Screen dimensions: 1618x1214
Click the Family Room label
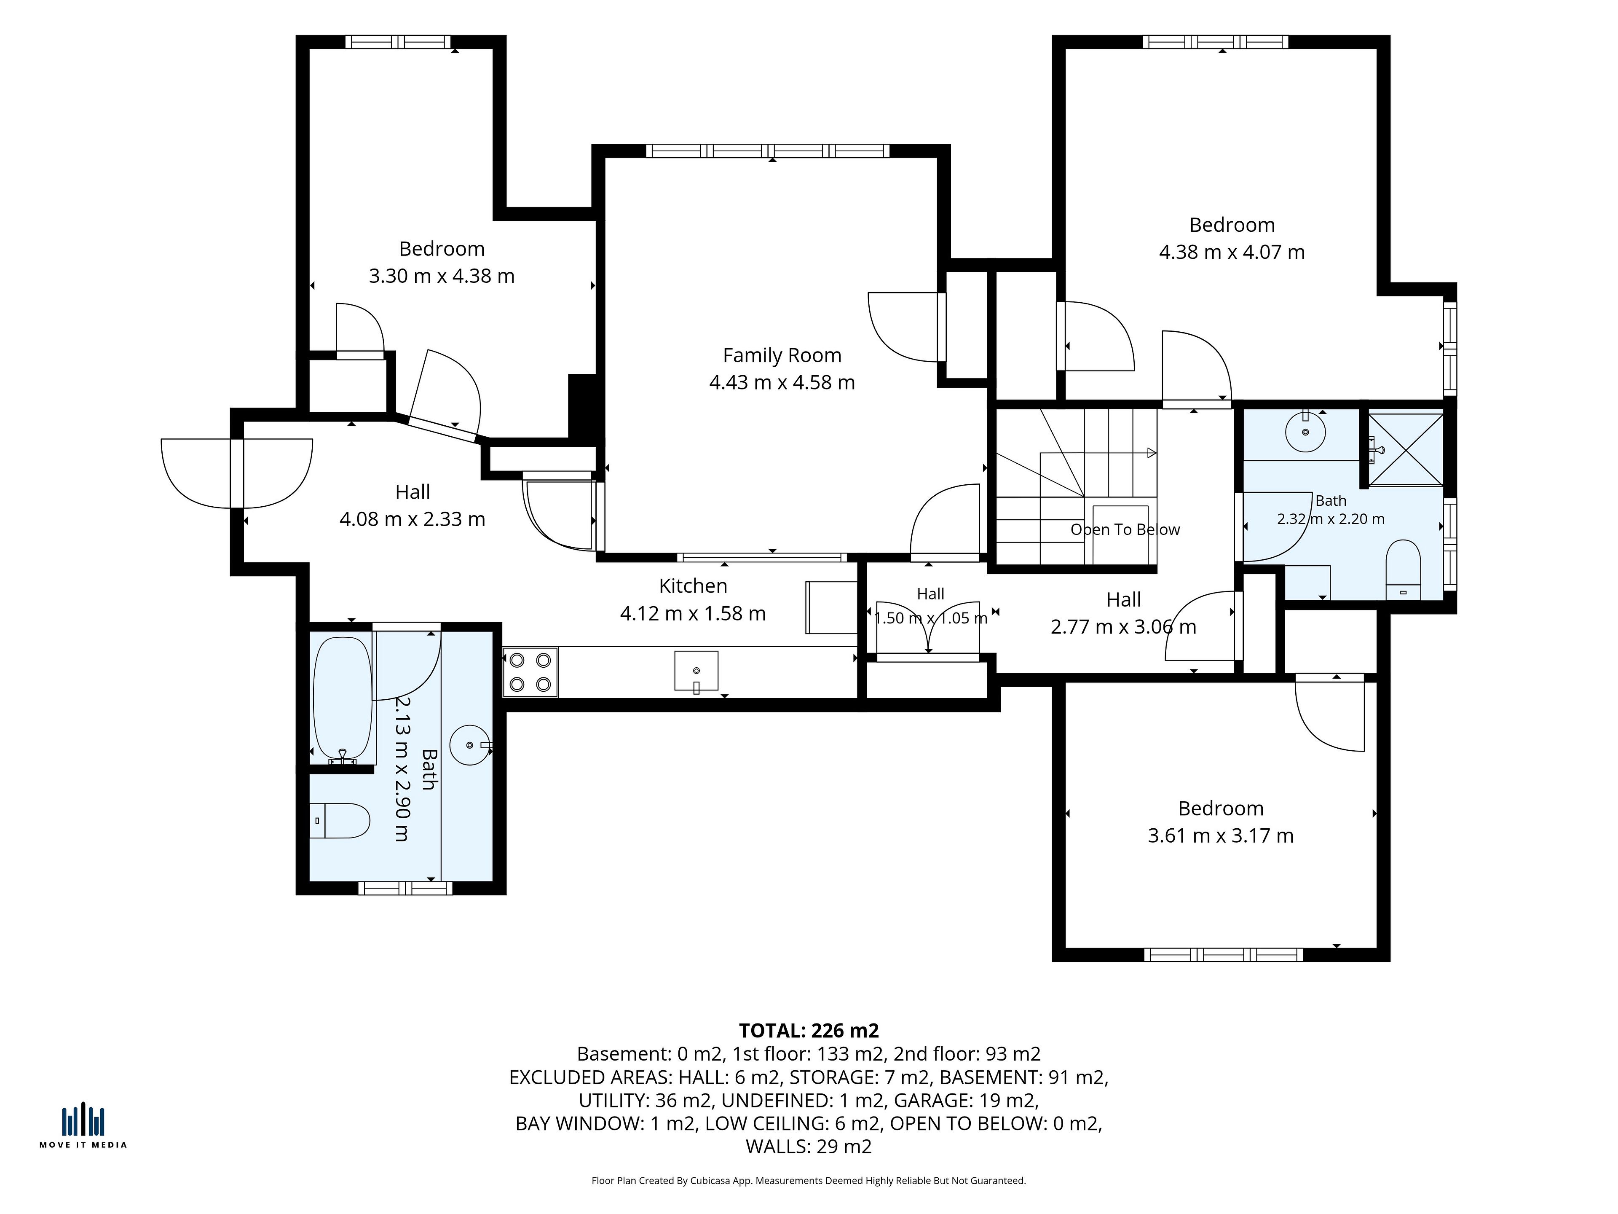click(x=782, y=356)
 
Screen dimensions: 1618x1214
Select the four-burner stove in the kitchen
click(x=530, y=672)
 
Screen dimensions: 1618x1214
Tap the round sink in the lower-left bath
click(x=470, y=745)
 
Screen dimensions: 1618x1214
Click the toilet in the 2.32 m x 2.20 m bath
click(x=1403, y=570)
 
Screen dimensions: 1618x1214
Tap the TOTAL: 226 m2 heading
click(x=809, y=1030)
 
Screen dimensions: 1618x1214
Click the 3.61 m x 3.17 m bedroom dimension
click(x=1221, y=835)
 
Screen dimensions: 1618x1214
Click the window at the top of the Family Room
click(x=768, y=151)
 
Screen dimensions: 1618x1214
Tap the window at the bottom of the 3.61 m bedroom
click(x=1224, y=954)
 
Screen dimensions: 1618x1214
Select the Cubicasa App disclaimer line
click(x=809, y=1180)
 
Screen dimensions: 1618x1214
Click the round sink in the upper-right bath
click(x=1306, y=432)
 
